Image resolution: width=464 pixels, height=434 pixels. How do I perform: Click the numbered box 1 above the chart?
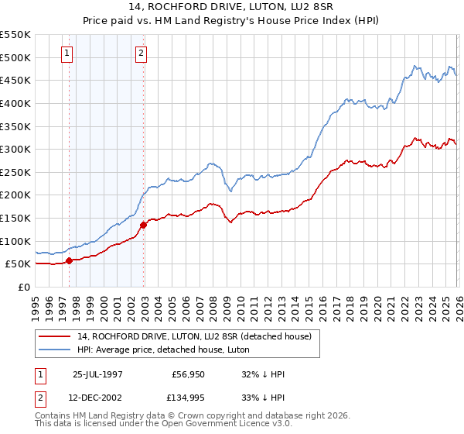[67, 53]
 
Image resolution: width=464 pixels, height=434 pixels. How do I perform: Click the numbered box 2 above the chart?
[142, 53]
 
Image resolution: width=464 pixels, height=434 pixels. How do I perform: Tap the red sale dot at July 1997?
[69, 260]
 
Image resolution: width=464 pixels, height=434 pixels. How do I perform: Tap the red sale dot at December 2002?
[144, 225]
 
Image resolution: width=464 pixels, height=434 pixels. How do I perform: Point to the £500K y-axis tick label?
[15, 58]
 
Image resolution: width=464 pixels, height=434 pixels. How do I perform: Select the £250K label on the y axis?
[15, 172]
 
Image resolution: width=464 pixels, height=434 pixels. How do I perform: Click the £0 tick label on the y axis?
[23, 287]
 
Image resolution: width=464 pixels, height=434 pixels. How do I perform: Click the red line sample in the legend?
[55, 336]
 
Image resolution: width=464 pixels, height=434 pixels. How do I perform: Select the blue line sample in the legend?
[55, 350]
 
